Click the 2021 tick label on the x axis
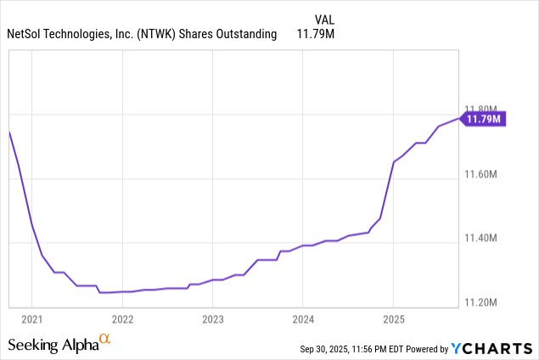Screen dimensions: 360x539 pyautogui.click(x=31, y=320)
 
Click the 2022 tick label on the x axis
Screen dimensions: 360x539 pyautogui.click(x=122, y=320)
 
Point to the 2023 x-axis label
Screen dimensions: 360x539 pyautogui.click(x=212, y=320)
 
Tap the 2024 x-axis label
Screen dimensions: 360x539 pyautogui.click(x=303, y=320)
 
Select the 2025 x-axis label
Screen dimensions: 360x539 pyautogui.click(x=393, y=320)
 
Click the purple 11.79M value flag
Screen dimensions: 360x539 pyautogui.click(x=484, y=119)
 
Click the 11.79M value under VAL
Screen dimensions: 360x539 pyautogui.click(x=313, y=34)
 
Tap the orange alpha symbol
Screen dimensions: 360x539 pyautogui.click(x=105, y=339)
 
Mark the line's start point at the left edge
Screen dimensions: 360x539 pyautogui.click(x=9, y=132)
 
